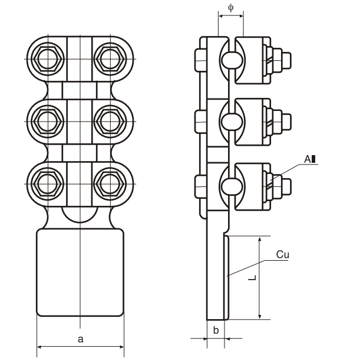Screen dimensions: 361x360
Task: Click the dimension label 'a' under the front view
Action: coord(81,339)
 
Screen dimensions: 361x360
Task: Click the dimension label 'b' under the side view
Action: coord(216,331)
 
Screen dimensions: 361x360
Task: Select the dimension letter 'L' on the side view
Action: coord(252,277)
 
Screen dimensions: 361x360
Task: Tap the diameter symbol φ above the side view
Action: coord(230,8)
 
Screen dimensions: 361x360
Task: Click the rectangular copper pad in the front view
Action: coord(81,273)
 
